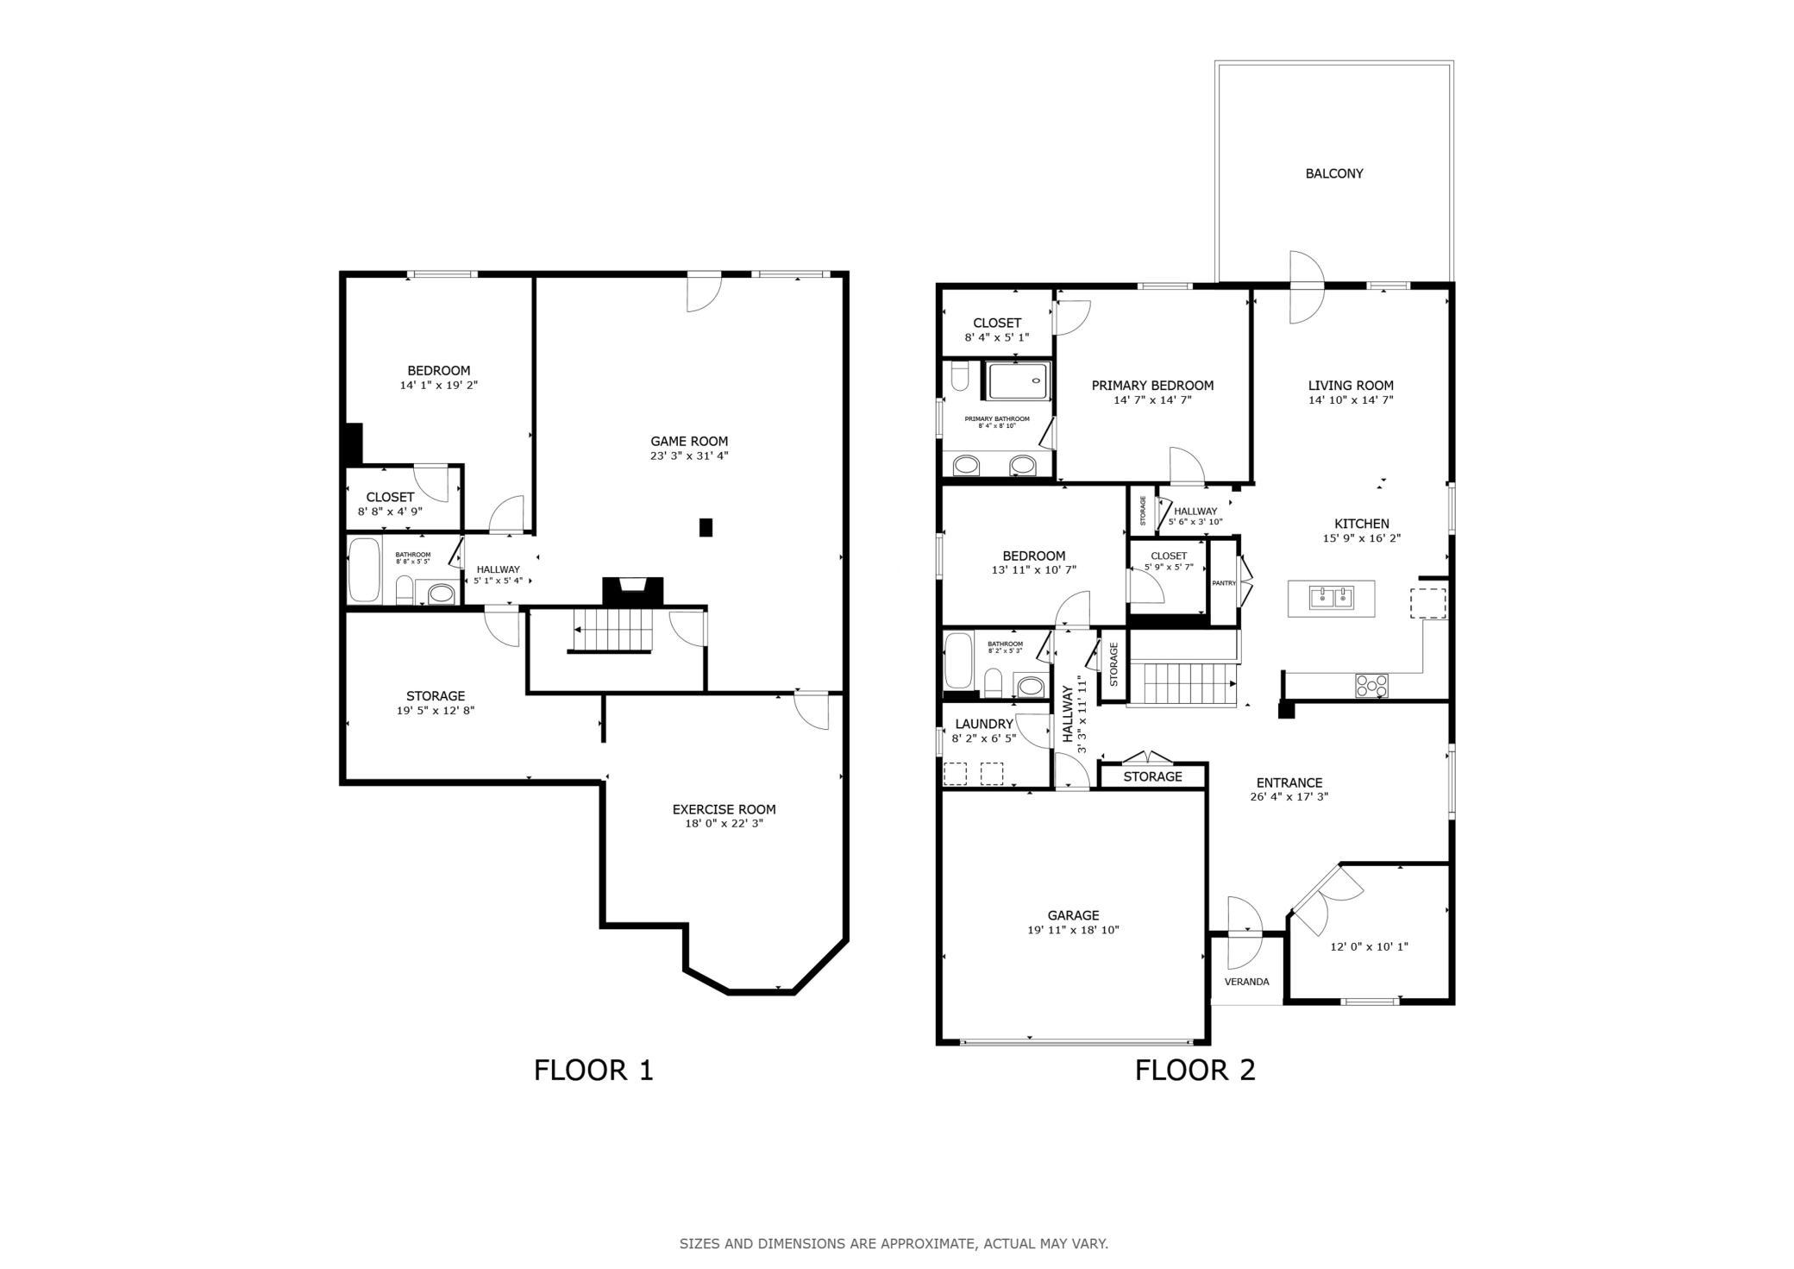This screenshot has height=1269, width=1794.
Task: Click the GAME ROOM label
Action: tap(689, 441)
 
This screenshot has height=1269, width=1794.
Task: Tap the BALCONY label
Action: tap(1333, 173)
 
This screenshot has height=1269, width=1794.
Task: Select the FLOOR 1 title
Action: tap(593, 1070)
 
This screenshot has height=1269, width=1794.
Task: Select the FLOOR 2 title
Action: tap(1195, 1070)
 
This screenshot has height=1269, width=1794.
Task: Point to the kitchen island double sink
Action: tap(1332, 597)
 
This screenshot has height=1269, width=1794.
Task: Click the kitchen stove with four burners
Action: tap(1372, 686)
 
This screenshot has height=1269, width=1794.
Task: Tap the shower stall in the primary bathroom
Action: tap(1019, 380)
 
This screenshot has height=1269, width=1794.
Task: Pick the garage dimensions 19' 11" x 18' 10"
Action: tap(1073, 930)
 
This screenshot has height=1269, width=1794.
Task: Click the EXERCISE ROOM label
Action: tap(724, 809)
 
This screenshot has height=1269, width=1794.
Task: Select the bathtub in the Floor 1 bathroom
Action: tap(364, 570)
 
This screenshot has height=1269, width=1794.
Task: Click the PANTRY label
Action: tap(1223, 583)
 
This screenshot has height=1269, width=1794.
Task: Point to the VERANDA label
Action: tap(1246, 982)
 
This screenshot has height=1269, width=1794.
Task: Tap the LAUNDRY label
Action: tap(983, 724)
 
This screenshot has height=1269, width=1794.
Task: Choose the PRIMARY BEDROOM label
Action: tap(1152, 386)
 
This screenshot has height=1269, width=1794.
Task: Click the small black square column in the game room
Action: tap(706, 527)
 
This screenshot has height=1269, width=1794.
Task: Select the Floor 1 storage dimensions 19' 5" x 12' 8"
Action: tap(436, 711)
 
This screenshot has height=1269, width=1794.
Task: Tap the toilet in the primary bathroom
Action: tap(960, 377)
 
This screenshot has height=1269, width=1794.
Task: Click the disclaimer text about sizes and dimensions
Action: tap(894, 1244)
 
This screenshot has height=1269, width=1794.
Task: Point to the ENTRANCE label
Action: tap(1289, 782)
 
